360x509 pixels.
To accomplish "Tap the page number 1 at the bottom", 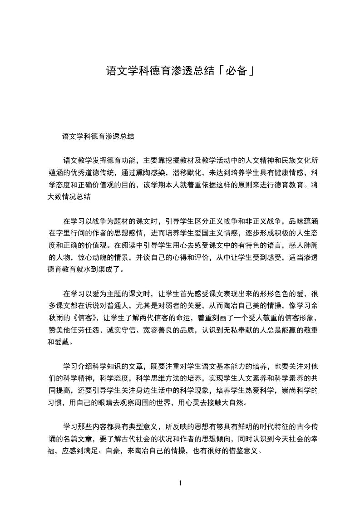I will click(180, 483).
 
